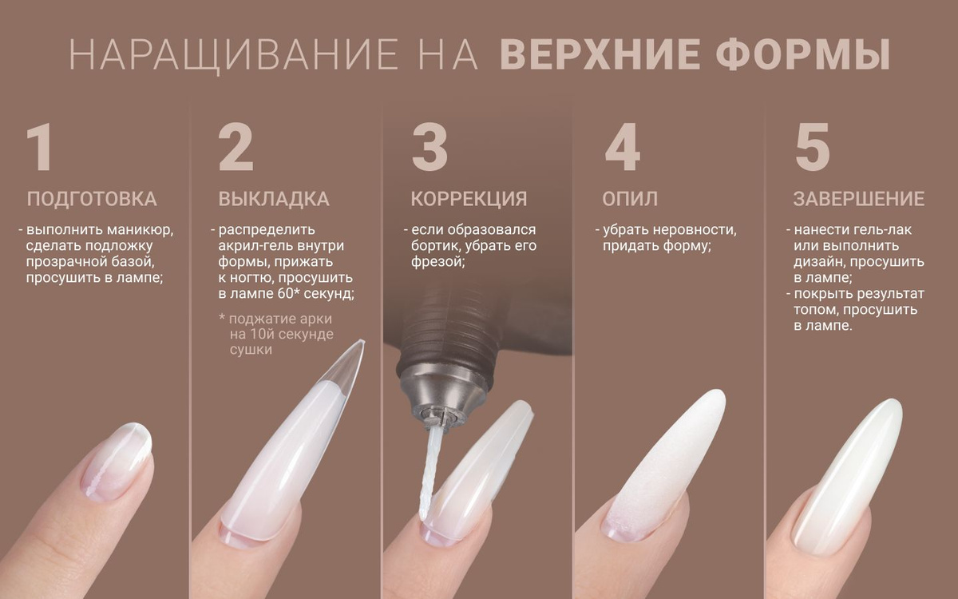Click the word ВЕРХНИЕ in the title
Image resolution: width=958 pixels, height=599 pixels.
click(x=600, y=54)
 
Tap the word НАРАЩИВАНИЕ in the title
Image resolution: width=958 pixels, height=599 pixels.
click(x=234, y=55)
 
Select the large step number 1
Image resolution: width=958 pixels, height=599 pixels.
click(x=39, y=147)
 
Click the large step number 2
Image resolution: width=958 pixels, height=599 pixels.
click(x=236, y=147)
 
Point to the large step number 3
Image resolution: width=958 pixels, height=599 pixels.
click(x=430, y=147)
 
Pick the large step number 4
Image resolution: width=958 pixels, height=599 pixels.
click(x=622, y=147)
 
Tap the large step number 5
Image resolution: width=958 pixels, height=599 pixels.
click(x=812, y=148)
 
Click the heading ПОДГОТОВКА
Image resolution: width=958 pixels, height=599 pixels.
click(x=92, y=199)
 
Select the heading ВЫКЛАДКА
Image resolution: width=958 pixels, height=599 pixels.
click(x=274, y=199)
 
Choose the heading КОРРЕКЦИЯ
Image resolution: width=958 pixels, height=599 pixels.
click(x=469, y=199)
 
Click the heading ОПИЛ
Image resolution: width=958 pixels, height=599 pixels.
click(x=630, y=199)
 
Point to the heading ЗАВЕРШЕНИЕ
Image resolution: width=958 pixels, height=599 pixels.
click(x=859, y=199)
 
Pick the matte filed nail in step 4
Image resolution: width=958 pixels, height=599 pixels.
click(x=667, y=462)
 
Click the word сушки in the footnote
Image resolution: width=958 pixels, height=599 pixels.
click(x=251, y=350)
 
